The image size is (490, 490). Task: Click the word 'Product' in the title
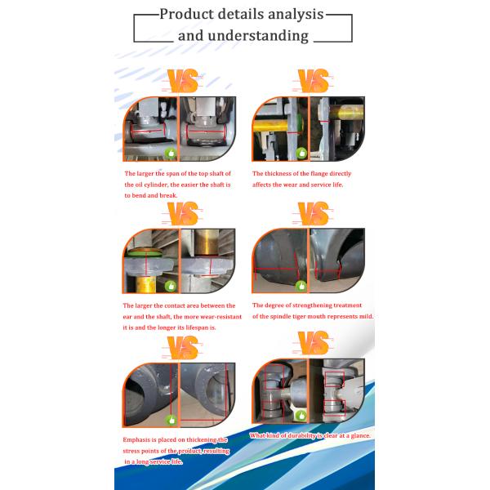(187, 14)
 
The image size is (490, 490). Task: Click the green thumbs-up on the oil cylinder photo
(171, 153)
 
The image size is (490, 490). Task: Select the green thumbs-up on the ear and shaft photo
(171, 286)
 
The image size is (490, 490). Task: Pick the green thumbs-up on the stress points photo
(171, 419)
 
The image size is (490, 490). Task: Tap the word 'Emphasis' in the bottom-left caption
(137, 440)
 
